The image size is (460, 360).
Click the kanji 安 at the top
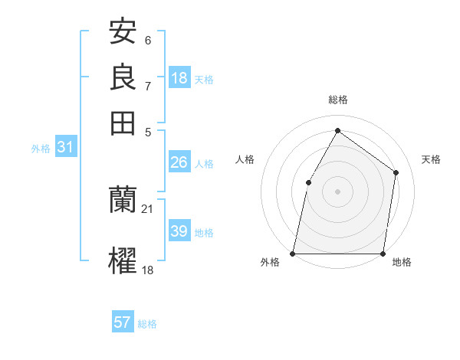tap(123, 32)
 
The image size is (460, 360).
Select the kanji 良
tap(123, 77)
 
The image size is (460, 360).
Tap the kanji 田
tap(123, 123)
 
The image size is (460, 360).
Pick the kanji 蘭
tap(123, 200)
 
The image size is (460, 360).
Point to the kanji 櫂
tap(123, 260)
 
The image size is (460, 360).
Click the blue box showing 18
tap(179, 78)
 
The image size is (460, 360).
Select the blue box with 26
tap(179, 162)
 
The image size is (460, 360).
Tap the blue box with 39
tap(179, 231)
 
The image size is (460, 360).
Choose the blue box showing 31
tap(65, 148)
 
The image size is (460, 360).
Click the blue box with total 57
tap(123, 322)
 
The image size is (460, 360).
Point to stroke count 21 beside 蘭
tap(148, 209)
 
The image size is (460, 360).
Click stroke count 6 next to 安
tap(148, 41)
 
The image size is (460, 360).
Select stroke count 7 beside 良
tap(148, 86)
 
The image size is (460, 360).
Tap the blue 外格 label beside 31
tap(41, 149)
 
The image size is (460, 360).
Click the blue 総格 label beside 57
tap(147, 323)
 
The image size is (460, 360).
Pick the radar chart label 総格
tap(337, 100)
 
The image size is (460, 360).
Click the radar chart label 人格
tap(245, 159)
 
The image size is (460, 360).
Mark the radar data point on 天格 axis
tap(396, 172)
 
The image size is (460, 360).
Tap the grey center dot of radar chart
tap(337, 191)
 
